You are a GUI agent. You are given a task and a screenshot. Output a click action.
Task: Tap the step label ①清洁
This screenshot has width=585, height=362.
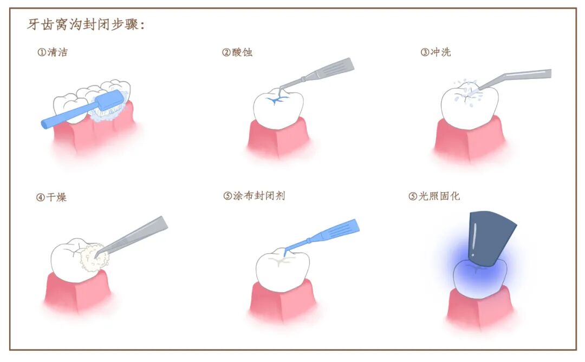(53, 52)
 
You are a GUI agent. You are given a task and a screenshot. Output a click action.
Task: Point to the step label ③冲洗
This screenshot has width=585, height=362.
(435, 52)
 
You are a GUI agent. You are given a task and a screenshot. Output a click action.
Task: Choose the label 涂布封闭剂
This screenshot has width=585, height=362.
(258, 196)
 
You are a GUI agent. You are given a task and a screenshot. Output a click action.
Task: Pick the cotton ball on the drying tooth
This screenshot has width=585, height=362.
(94, 257)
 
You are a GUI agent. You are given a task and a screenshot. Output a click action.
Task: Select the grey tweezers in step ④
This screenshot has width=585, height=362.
(135, 235)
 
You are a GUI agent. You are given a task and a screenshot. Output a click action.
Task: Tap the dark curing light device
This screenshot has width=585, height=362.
(490, 235)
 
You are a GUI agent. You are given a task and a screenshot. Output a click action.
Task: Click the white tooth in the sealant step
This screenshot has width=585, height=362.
(282, 271)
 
